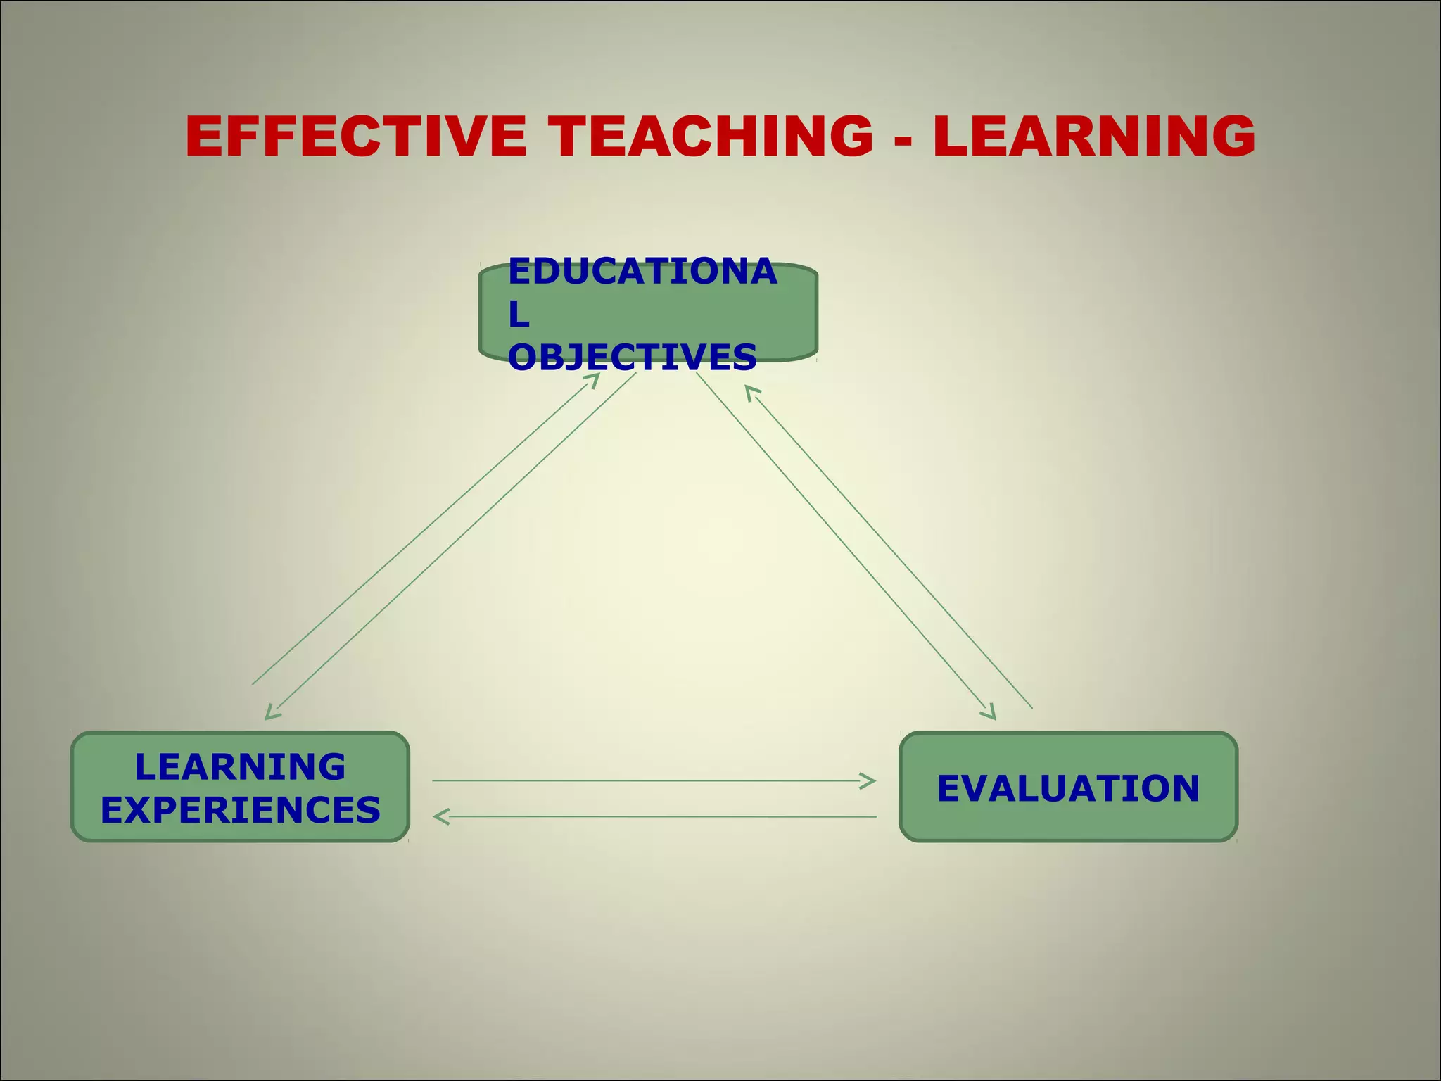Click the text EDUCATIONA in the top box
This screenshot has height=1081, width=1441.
(x=642, y=272)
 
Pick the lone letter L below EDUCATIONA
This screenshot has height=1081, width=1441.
(x=519, y=315)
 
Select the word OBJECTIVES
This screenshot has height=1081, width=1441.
(x=632, y=358)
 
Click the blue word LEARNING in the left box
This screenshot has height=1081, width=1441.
(x=240, y=766)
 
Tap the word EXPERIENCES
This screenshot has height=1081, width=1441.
(x=240, y=809)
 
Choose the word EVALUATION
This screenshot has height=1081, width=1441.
(x=1068, y=788)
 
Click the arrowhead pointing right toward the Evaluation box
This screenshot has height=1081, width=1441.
(x=870, y=780)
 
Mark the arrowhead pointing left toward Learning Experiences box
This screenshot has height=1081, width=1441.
(x=440, y=816)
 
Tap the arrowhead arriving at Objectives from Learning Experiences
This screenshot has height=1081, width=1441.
(x=594, y=378)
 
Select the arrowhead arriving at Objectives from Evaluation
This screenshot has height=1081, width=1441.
(x=750, y=391)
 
